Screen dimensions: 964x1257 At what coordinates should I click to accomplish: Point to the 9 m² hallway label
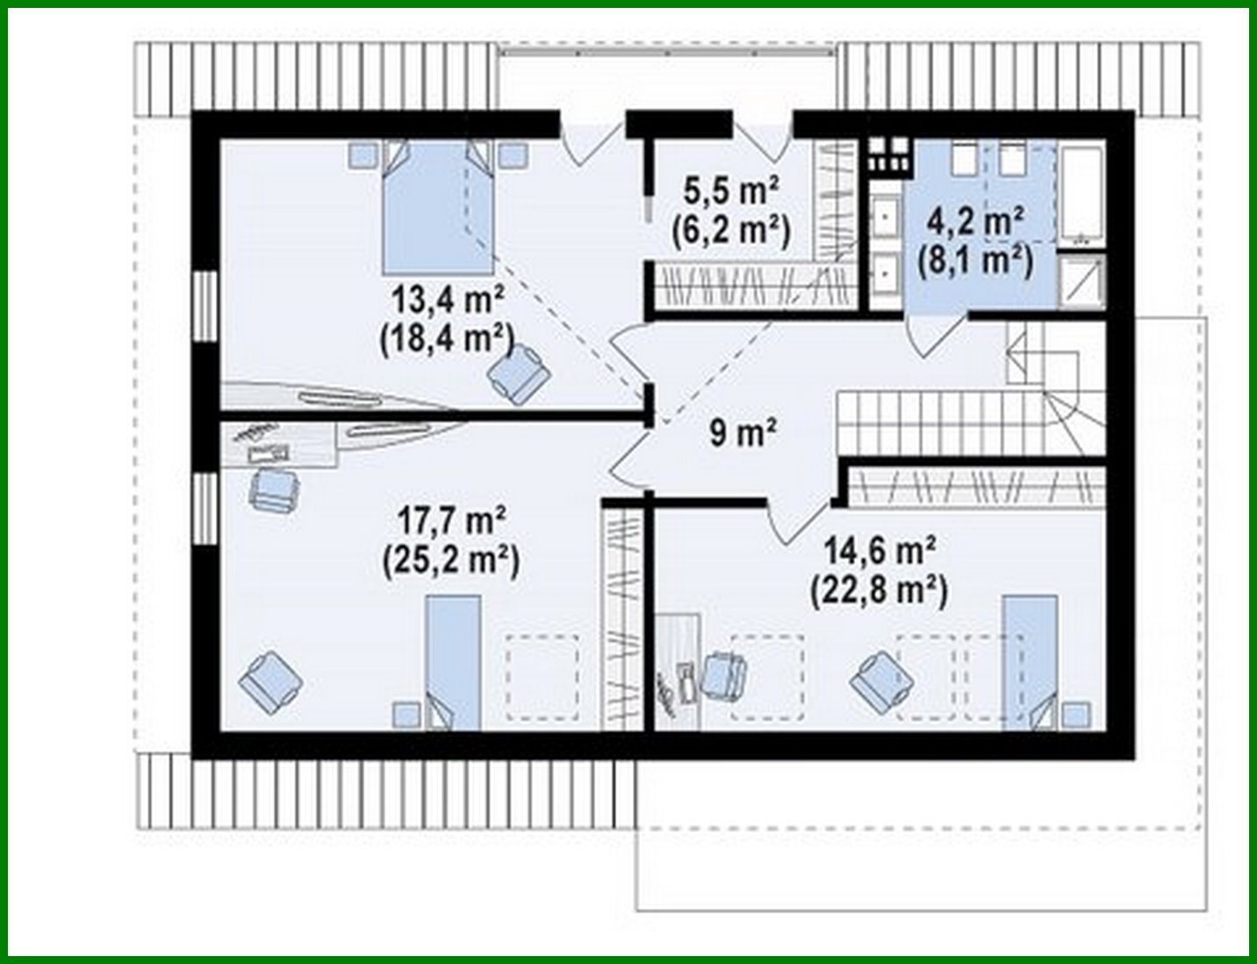tap(743, 432)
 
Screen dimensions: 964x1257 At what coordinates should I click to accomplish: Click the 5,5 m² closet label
tap(731, 189)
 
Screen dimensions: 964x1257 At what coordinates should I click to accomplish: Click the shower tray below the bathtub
tap(1081, 281)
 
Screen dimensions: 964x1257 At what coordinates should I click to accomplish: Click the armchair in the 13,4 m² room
tap(520, 370)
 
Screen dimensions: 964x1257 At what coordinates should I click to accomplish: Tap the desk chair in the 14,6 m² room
tap(725, 675)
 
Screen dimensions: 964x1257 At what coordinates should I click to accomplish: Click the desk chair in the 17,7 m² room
tap(273, 488)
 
